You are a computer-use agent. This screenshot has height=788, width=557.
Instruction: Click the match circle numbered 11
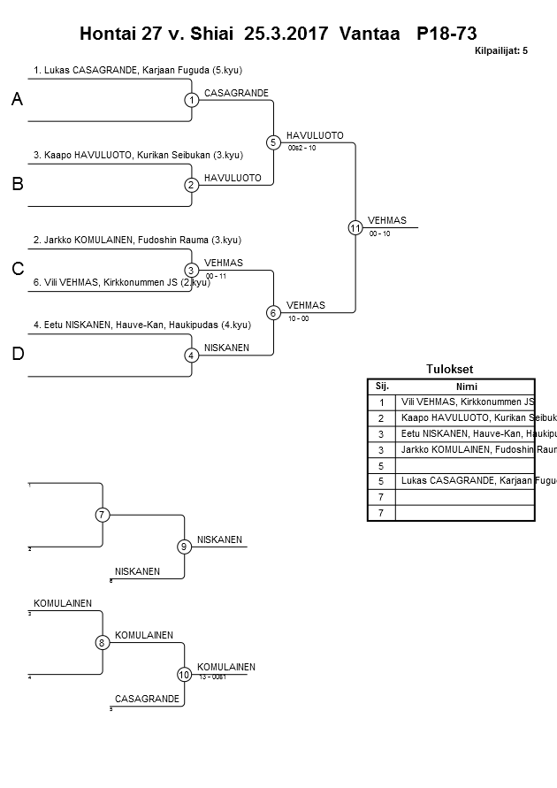point(355,227)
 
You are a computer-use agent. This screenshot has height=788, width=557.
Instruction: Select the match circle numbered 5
point(273,142)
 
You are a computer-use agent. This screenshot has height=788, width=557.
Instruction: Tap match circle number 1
point(192,100)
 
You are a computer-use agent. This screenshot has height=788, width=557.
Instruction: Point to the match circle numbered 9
point(185,547)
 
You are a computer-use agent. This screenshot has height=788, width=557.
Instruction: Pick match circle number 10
point(185,675)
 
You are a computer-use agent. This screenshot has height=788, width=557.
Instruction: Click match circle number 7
point(103,515)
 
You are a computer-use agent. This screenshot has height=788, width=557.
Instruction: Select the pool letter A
point(17,101)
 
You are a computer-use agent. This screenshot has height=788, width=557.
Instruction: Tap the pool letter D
point(17,355)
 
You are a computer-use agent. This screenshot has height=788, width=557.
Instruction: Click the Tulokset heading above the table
point(450,370)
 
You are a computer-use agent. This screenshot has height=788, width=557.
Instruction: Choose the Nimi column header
point(466,386)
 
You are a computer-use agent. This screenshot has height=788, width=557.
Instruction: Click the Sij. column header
point(382,386)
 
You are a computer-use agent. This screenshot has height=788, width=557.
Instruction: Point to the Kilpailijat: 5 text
point(500,51)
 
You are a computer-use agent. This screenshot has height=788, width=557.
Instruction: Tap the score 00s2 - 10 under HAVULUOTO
point(302,148)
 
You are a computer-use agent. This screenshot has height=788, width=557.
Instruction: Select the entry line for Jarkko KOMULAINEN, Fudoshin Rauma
point(137,240)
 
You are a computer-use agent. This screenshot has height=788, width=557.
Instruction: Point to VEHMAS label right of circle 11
point(386,220)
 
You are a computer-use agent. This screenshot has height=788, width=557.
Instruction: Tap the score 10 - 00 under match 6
point(298,318)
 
